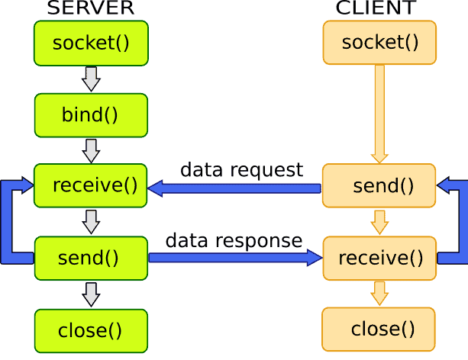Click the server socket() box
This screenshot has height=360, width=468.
[x=91, y=43]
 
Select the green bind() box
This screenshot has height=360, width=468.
[x=91, y=115]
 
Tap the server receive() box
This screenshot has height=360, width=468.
[x=91, y=185]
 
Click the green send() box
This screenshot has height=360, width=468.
[x=91, y=258]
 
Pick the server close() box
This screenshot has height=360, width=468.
[x=91, y=330]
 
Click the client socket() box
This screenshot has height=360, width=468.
[x=379, y=43]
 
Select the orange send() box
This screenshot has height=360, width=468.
[x=379, y=185]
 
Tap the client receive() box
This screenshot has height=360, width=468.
[x=379, y=258]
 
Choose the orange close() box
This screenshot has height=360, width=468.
[x=379, y=329]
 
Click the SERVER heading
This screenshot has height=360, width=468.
[x=91, y=8]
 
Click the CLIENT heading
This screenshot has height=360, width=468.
[x=376, y=8]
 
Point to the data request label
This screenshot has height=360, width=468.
[x=241, y=169]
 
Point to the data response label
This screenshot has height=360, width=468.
[x=234, y=241]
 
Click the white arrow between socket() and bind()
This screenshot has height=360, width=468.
[x=91, y=79]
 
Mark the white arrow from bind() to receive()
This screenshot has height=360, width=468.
[x=91, y=150]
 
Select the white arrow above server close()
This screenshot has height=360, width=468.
[x=91, y=294]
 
